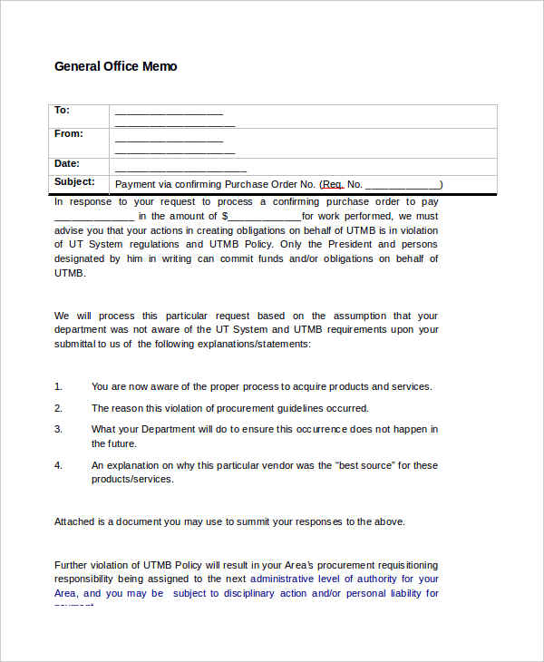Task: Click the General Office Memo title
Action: [x=116, y=66]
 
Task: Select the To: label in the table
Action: [x=62, y=111]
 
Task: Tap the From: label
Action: [x=68, y=134]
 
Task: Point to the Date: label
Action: [x=67, y=164]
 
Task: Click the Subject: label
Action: [x=74, y=182]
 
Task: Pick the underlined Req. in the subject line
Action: [x=333, y=184]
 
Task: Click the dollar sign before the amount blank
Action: [x=225, y=217]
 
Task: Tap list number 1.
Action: [x=58, y=386]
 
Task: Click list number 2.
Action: [x=58, y=409]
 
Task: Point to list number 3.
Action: [x=58, y=429]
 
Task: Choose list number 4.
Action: [x=58, y=465]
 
